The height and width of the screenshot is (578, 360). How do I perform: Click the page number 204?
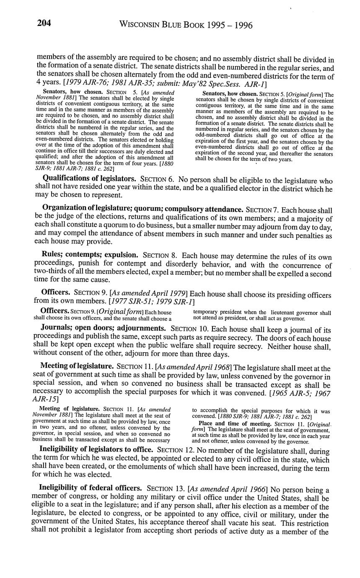click(44, 24)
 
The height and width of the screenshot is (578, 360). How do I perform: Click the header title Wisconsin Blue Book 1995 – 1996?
click(186, 25)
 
